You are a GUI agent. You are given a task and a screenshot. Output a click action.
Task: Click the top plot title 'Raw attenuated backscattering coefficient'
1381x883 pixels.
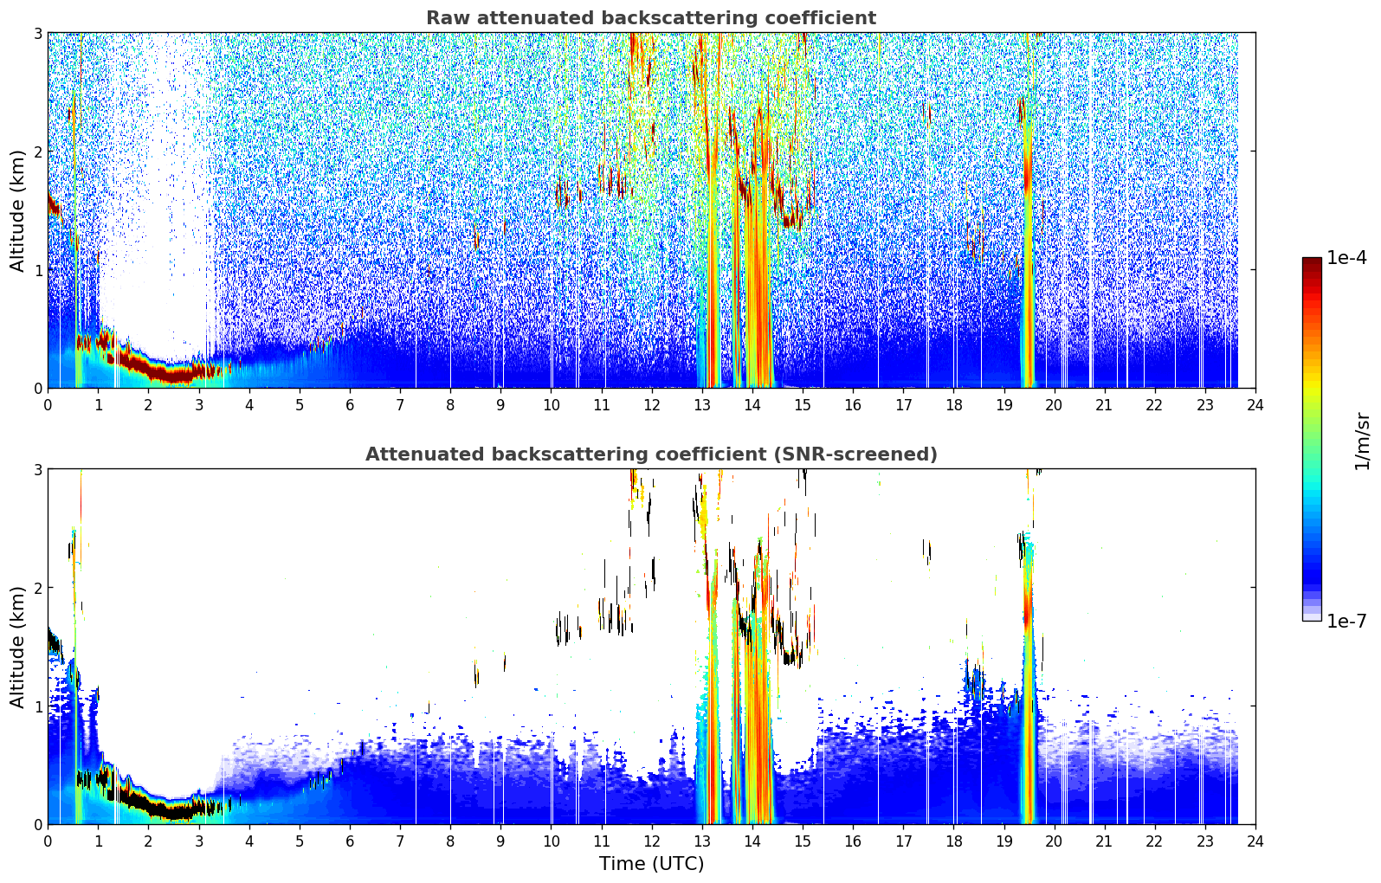651,18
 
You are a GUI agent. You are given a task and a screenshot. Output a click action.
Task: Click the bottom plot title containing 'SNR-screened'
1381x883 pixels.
651,454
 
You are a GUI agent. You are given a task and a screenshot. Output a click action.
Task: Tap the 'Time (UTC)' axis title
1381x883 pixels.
651,863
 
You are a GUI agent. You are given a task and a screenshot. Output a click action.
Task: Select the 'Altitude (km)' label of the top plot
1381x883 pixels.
17,211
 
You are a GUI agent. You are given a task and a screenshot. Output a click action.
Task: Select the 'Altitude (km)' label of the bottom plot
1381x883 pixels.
17,647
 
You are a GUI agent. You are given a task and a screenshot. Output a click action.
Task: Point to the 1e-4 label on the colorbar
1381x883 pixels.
1346,258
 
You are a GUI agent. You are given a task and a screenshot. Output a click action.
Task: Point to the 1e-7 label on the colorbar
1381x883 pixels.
1346,621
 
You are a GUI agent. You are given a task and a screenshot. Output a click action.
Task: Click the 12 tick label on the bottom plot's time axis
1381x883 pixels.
652,841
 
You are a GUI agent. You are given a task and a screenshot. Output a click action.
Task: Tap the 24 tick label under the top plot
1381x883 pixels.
1255,405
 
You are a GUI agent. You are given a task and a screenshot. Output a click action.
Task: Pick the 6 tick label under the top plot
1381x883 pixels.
350,405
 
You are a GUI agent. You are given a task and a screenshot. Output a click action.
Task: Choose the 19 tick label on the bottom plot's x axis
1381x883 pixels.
1003,841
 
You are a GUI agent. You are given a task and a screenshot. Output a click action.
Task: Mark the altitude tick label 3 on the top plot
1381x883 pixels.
37,33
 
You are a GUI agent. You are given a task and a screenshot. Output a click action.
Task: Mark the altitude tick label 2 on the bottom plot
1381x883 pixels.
37,588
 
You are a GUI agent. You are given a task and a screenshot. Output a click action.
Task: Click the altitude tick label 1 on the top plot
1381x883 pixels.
37,270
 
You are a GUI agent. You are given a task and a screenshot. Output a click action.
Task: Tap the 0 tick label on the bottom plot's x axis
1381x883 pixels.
48,841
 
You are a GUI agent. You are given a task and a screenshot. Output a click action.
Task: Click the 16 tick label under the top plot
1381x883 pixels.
853,405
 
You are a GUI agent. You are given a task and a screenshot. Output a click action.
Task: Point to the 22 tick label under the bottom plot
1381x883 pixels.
1154,841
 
